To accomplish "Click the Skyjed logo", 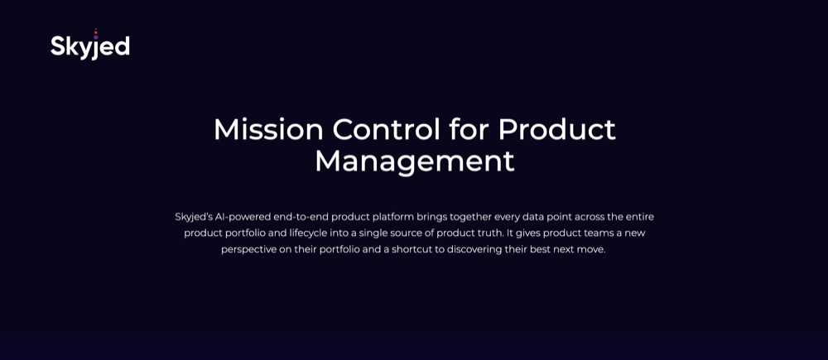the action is click(90, 45).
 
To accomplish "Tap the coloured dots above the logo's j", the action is click(95, 34).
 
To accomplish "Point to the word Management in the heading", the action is click(415, 161).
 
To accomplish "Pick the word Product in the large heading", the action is click(556, 129).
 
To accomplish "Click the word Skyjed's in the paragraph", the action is click(193, 217).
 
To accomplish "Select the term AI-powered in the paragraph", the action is click(243, 217).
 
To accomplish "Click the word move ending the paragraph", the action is click(593, 249).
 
